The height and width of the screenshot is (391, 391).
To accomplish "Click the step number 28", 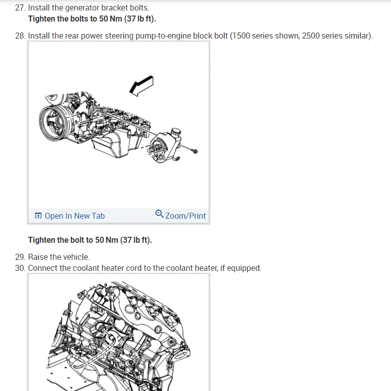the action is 20,36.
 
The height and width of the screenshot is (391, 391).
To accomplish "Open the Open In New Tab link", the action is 75,216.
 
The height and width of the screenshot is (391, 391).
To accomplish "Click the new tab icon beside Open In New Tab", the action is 38,216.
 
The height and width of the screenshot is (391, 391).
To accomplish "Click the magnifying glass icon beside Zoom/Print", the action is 159,214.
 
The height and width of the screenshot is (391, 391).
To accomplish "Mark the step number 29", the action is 20,257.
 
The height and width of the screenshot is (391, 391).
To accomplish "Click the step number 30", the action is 20,268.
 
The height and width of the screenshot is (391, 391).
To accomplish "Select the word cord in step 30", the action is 134,268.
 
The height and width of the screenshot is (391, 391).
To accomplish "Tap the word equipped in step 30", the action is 244,268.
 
